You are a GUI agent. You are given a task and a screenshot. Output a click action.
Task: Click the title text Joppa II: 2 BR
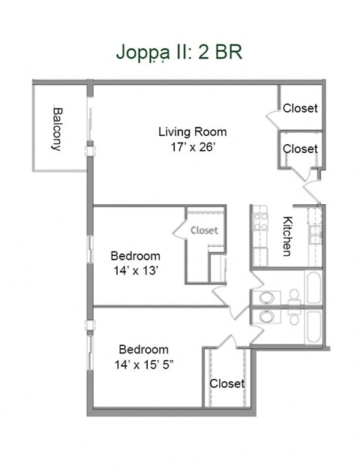(x=178, y=52)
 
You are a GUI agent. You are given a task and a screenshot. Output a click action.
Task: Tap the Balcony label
(x=57, y=128)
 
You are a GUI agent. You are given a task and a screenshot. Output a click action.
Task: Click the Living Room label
(x=192, y=132)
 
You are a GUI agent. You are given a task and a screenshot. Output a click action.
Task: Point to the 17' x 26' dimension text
(x=192, y=147)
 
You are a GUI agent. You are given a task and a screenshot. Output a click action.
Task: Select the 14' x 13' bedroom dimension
(x=135, y=271)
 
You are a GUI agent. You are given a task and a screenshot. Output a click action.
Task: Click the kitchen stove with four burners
(x=260, y=221)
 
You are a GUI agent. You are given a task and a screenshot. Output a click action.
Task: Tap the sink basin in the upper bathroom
(x=264, y=298)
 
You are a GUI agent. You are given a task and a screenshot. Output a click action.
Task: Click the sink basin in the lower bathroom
(x=264, y=316)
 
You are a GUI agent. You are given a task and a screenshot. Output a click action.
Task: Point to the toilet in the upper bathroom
(x=293, y=296)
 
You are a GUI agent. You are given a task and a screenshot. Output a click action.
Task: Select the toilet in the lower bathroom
(x=293, y=318)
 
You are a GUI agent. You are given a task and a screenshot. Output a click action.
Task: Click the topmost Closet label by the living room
(x=300, y=109)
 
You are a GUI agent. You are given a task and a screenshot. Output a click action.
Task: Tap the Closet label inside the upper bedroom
(x=204, y=230)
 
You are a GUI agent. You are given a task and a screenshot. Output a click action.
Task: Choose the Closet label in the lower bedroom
(x=226, y=383)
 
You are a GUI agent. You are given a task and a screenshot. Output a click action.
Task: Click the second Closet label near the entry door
(x=300, y=149)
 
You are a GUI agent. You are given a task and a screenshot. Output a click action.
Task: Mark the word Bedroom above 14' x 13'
(x=135, y=256)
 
